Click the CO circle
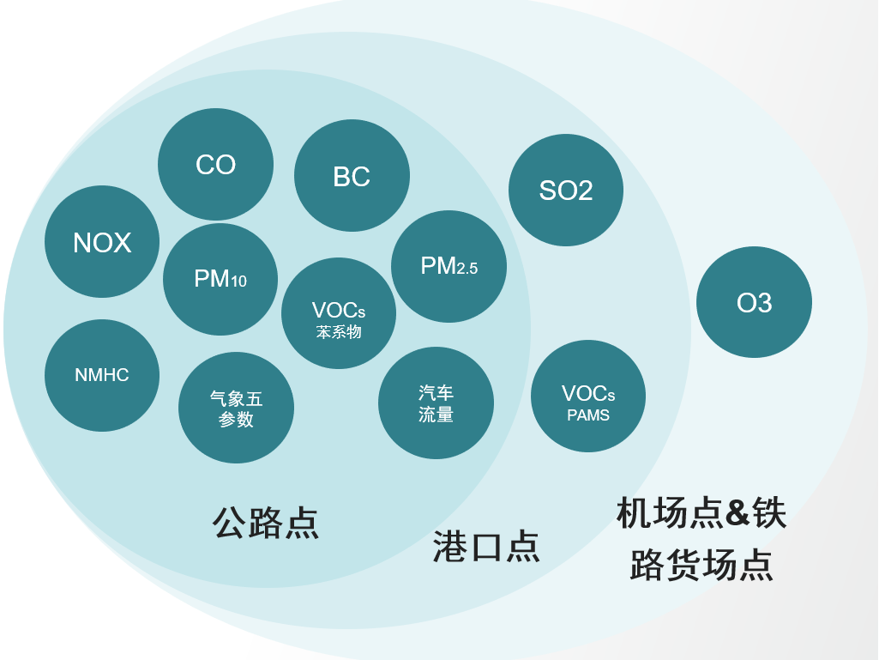point(215,164)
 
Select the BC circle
point(352,176)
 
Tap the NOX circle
point(102,242)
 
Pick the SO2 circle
point(566,190)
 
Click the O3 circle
point(754,302)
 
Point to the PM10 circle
point(220,279)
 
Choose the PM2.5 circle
point(449,266)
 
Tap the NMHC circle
point(102,375)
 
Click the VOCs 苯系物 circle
point(339,313)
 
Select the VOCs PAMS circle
point(588,396)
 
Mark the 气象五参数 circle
point(236,408)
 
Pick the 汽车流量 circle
point(436,403)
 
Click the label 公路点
point(266,522)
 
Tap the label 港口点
point(486,546)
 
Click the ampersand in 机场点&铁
point(738,513)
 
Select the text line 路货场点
point(701,565)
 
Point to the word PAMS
point(588,415)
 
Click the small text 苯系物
point(339,332)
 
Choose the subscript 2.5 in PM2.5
point(467,269)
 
